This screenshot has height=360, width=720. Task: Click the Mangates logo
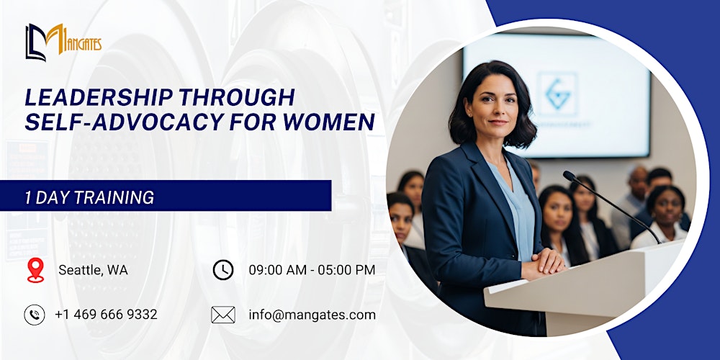point(63,42)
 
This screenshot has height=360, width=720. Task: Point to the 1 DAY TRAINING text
point(89,197)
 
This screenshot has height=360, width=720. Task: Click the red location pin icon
point(35,270)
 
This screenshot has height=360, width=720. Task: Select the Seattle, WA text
point(93,271)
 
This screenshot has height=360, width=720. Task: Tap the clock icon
point(223,270)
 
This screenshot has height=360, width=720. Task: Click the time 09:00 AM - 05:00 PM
point(312,271)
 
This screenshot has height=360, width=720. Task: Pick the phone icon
point(35,315)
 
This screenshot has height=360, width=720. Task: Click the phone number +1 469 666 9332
point(106,315)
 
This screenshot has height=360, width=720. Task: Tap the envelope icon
point(223,315)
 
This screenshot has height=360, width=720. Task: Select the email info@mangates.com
point(312,315)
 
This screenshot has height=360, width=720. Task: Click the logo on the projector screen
point(557,94)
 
